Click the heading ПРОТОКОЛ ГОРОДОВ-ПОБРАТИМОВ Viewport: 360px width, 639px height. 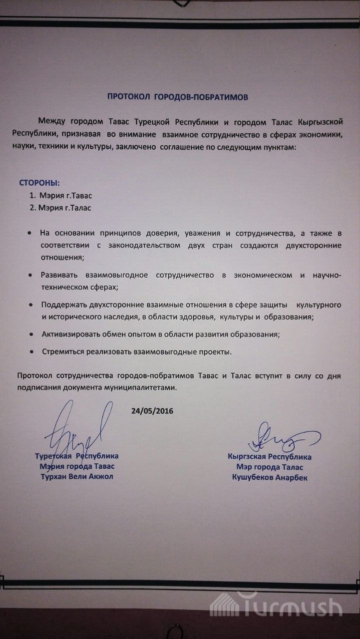tap(177, 97)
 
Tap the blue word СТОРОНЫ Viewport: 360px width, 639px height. tap(39, 183)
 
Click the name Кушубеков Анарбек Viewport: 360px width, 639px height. tap(270, 478)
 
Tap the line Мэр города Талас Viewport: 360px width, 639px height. tap(270, 467)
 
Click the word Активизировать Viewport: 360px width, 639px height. tap(71, 334)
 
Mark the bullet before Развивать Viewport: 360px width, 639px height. tap(30, 276)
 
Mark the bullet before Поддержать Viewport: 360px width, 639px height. tap(30, 305)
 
